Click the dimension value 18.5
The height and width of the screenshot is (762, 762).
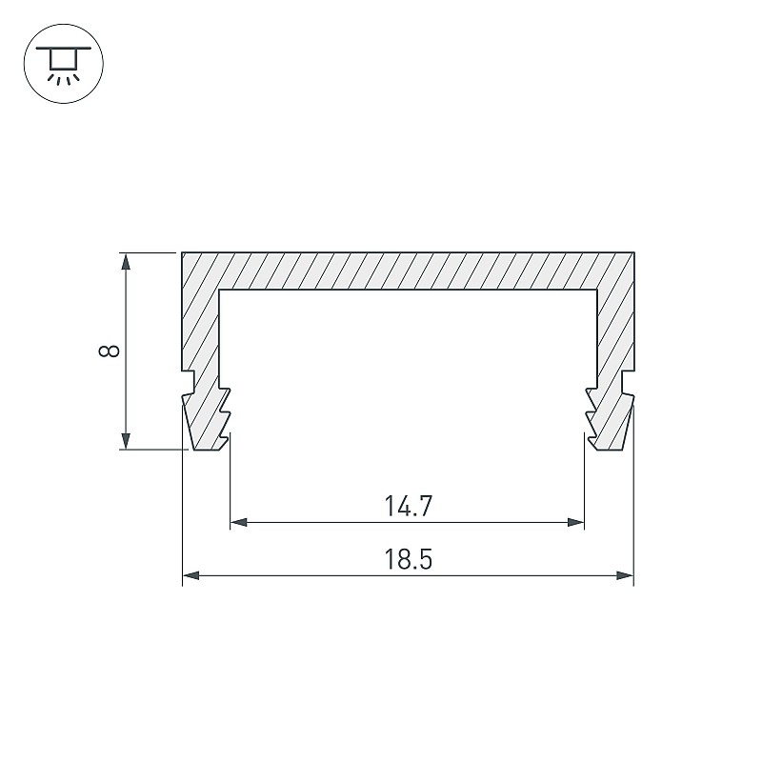(x=409, y=559)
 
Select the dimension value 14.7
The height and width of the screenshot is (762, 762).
(x=409, y=506)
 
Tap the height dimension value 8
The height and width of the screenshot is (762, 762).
(x=109, y=351)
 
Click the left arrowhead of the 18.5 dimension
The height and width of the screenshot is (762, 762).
(x=191, y=576)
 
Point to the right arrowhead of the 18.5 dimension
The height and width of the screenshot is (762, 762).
(x=625, y=576)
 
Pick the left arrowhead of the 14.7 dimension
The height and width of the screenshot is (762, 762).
(x=239, y=522)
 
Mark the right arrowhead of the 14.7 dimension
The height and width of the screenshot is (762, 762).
(x=575, y=522)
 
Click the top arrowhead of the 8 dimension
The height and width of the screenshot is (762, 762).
(x=126, y=261)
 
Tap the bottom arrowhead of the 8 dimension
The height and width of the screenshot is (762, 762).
(x=126, y=441)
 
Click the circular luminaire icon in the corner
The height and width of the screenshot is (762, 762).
(x=64, y=63)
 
